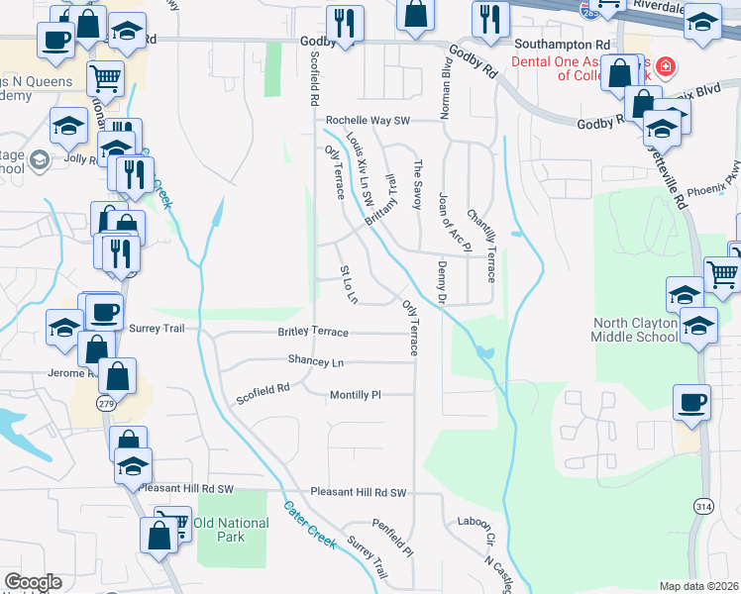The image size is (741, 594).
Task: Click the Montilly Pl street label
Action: tap(355, 395)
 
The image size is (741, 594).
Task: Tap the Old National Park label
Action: tap(232, 530)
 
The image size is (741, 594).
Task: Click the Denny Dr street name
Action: tap(441, 282)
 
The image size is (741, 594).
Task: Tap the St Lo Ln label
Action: tap(348, 284)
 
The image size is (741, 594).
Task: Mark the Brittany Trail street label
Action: tap(380, 200)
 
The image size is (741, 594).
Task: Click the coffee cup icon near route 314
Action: tap(691, 402)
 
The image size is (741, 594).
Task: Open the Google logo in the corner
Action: tap(33, 582)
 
